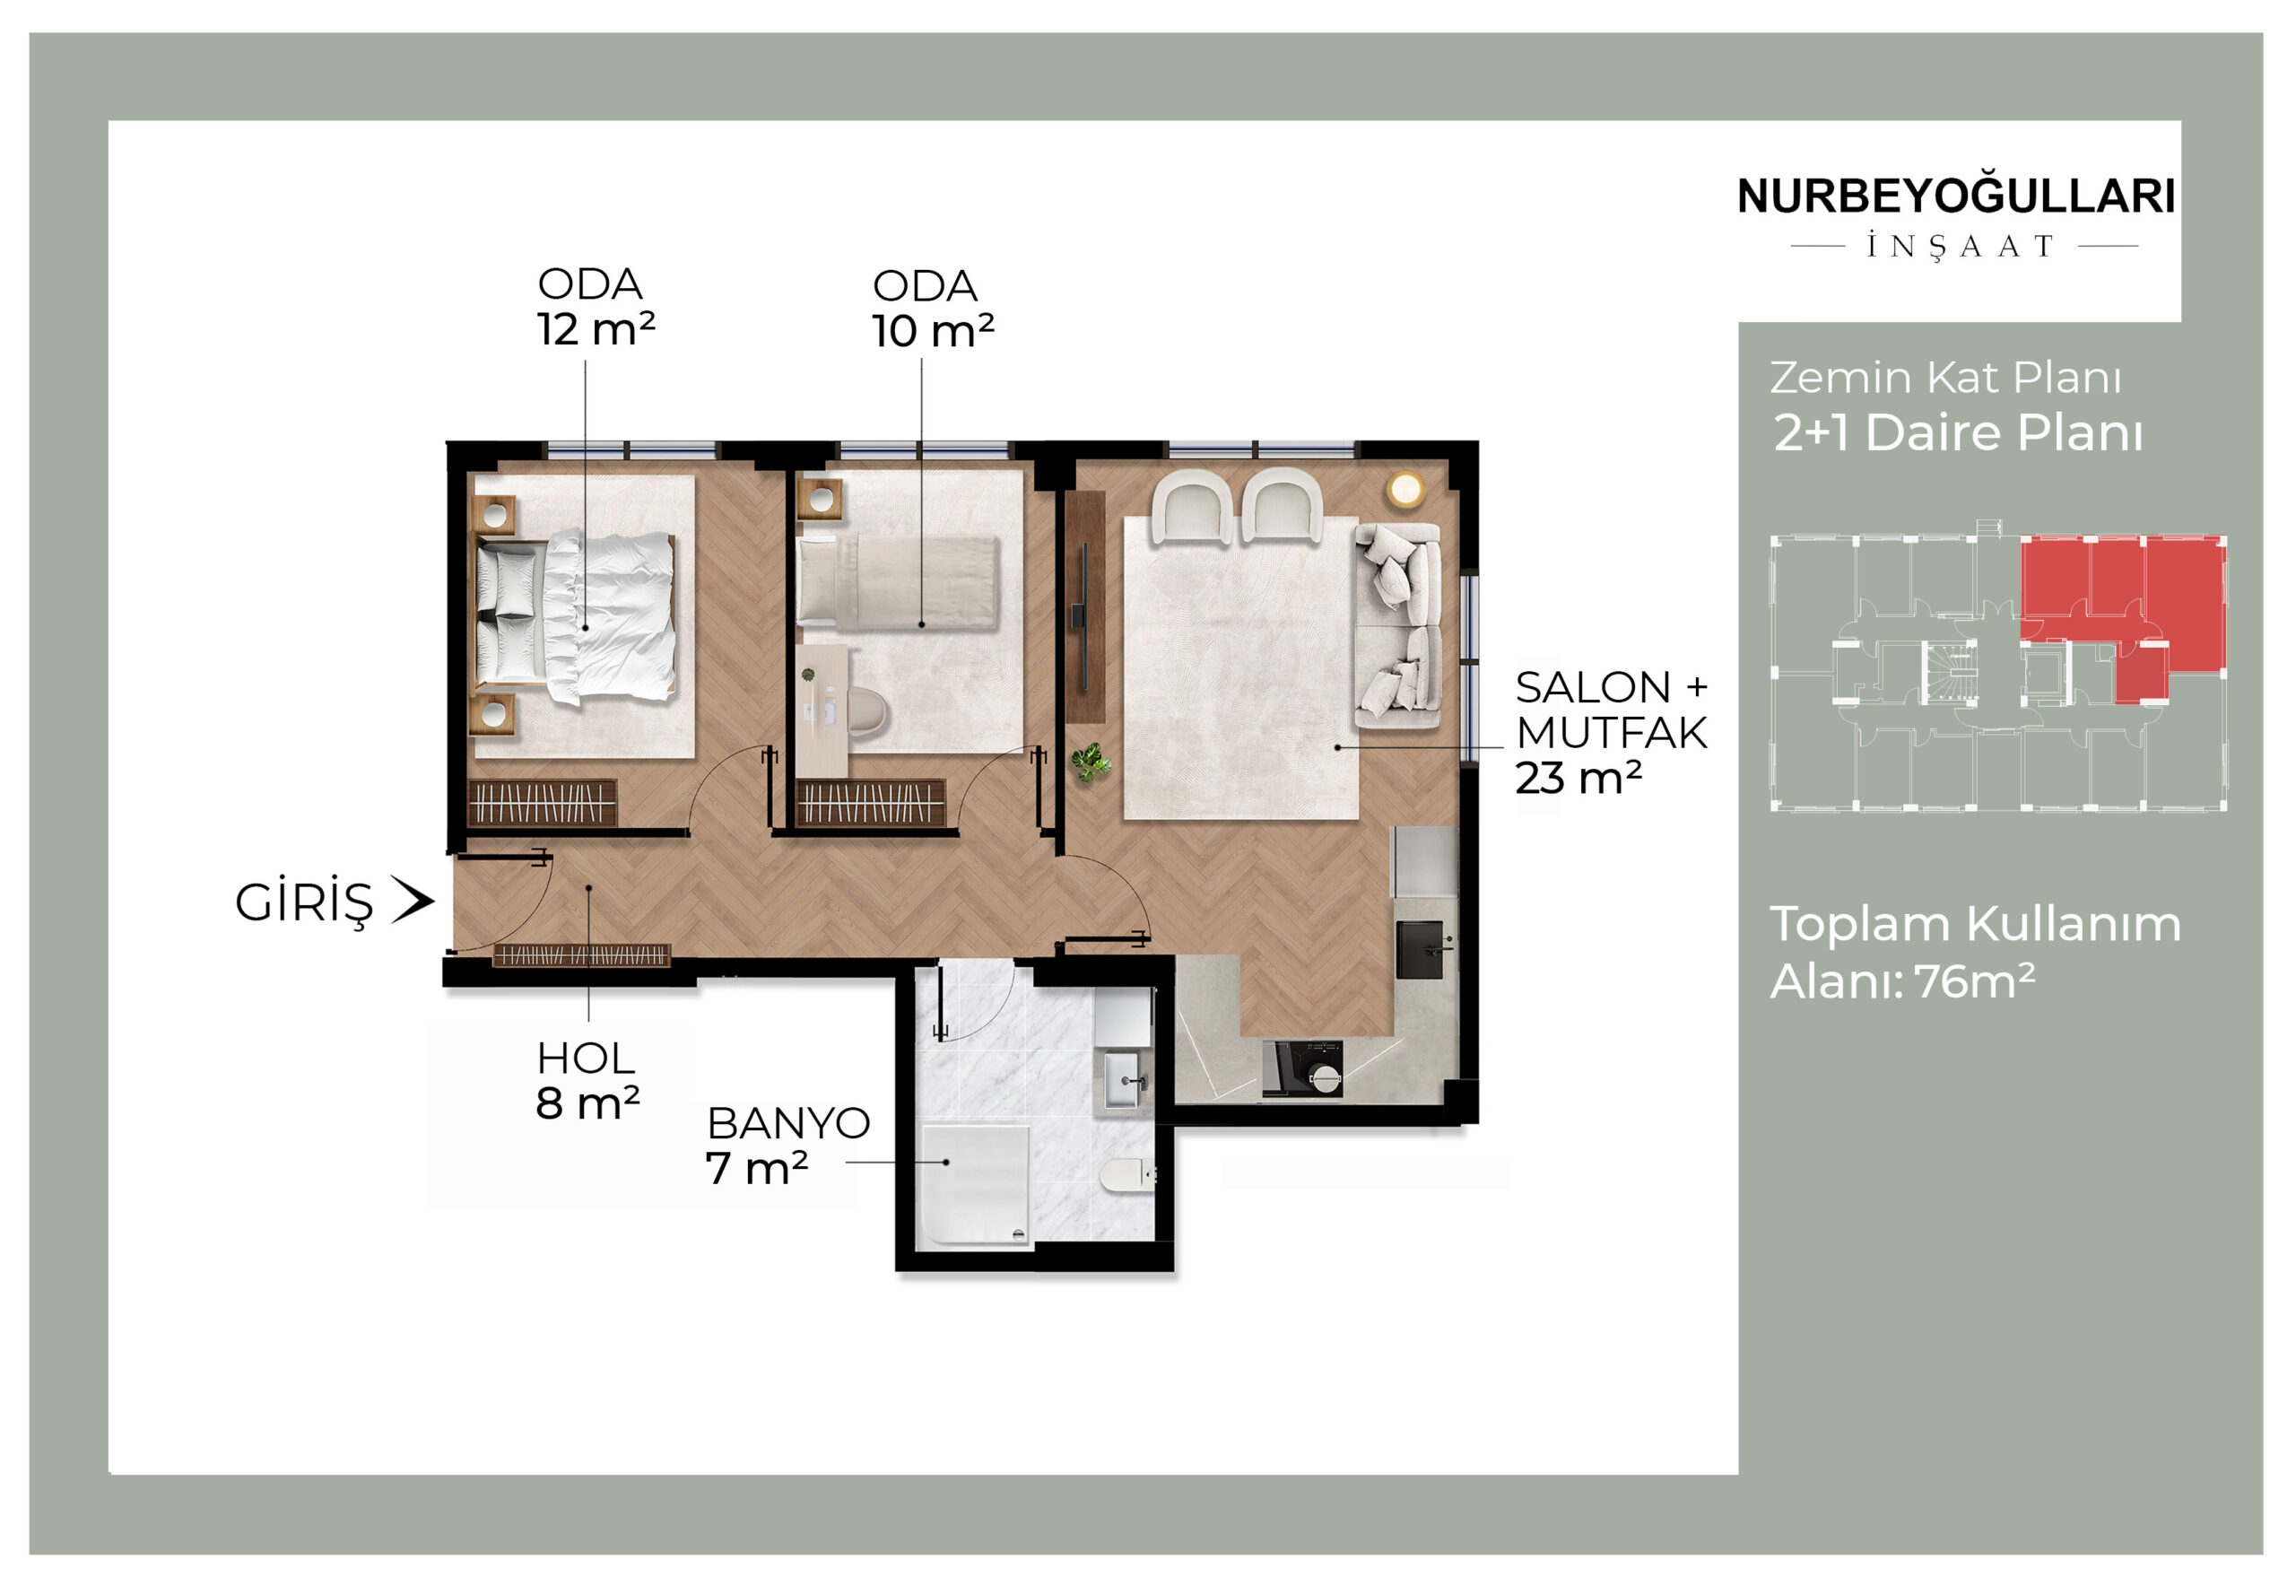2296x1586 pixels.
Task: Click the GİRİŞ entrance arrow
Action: pos(413,901)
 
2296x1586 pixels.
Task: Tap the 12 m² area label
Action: pos(596,329)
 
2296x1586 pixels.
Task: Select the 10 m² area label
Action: pos(933,331)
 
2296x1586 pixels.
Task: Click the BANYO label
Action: pos(787,1124)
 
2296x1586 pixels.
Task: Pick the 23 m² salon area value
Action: pos(1578,778)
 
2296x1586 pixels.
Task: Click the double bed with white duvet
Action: pos(575,617)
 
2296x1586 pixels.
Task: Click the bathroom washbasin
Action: pos(1126,1080)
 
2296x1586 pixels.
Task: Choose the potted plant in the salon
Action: pos(1091,762)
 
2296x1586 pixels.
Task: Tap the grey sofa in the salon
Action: pos(1399,626)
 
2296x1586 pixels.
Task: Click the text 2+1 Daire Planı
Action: pos(1958,433)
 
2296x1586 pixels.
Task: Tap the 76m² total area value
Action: pos(1975,980)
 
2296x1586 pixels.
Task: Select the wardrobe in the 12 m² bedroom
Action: pos(543,803)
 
